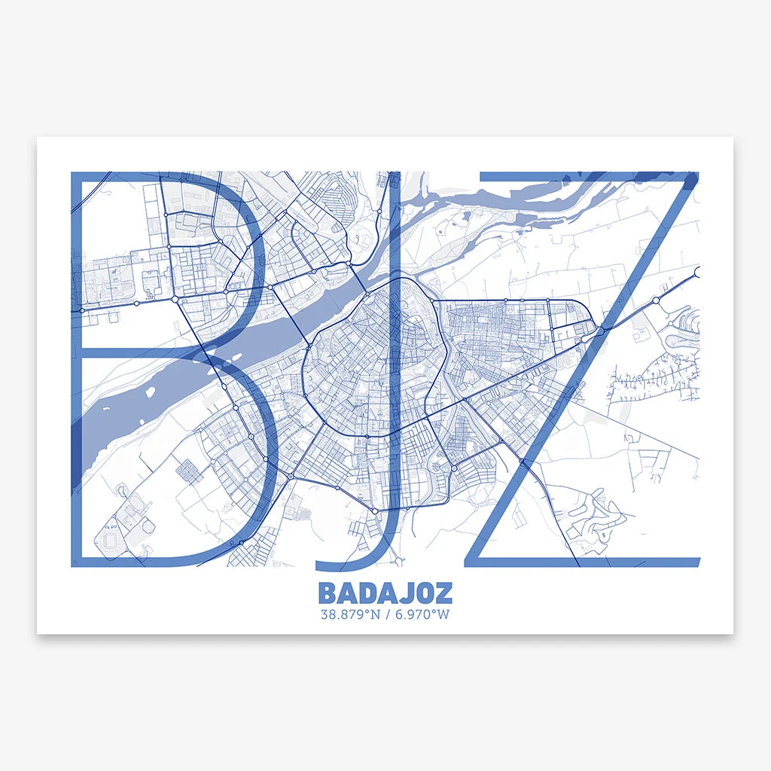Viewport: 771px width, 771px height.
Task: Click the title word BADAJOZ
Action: pos(385,593)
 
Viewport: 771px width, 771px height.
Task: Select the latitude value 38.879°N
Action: pos(349,614)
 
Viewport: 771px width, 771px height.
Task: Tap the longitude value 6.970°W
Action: pos(422,614)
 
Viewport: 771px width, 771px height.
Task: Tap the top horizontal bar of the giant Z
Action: pos(587,177)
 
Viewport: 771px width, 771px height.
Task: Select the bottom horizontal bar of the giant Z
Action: pos(584,561)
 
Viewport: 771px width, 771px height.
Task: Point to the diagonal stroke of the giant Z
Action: pos(580,369)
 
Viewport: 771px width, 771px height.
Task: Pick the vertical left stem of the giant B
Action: pos(76,369)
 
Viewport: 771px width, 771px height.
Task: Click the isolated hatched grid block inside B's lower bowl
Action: pos(188,471)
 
